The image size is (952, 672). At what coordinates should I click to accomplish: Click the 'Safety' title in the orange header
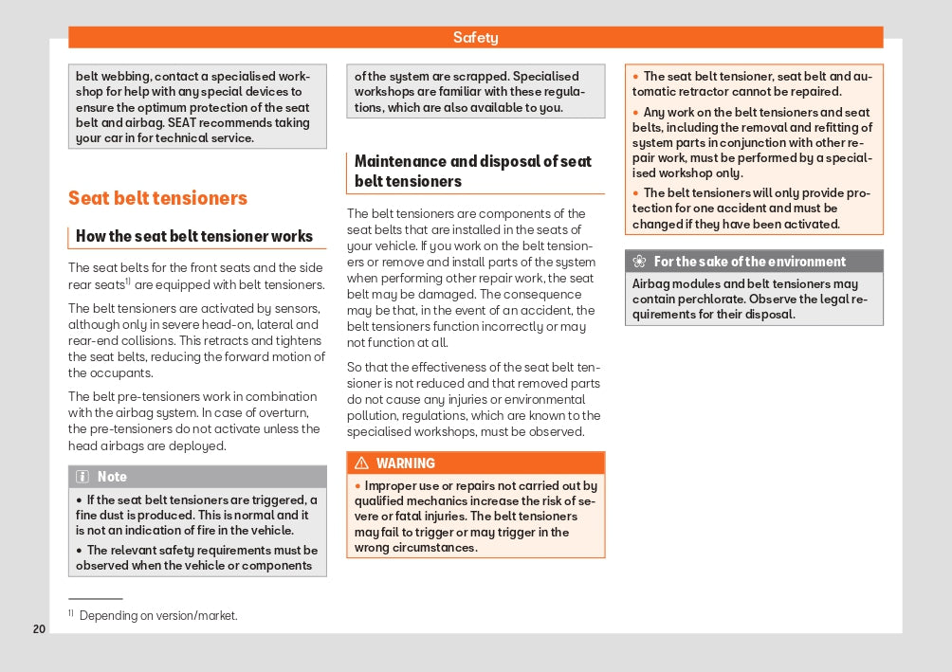click(475, 38)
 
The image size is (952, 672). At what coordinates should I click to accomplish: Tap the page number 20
click(39, 629)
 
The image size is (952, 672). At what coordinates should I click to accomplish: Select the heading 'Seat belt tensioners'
click(157, 198)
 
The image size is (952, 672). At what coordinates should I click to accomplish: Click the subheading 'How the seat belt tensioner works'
click(194, 237)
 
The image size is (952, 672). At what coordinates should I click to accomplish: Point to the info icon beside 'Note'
click(82, 477)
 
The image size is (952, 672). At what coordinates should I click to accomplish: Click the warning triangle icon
click(361, 463)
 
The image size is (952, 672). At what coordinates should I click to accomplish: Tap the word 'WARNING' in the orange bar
click(406, 463)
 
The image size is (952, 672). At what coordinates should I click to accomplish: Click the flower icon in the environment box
click(639, 262)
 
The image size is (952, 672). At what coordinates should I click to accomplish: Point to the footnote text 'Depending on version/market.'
click(158, 616)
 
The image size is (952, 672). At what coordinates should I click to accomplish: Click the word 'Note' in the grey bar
click(112, 477)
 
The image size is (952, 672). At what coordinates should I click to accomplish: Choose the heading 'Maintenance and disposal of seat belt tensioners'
click(473, 172)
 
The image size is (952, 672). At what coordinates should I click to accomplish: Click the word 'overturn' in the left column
click(284, 413)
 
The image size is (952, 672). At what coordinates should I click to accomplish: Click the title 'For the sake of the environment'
click(750, 262)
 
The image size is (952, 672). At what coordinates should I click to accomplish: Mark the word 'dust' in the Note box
click(117, 516)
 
